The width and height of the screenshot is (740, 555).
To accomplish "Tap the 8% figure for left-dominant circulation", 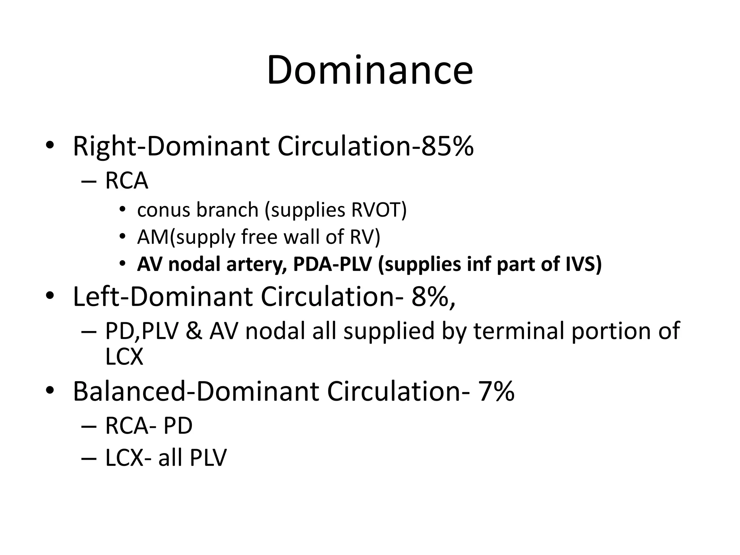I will click(429, 297).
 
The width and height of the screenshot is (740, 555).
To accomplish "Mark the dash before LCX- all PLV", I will click(89, 458).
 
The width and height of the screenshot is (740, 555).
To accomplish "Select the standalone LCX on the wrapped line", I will click(124, 357).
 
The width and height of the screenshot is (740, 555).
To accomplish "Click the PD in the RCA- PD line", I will click(178, 426).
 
